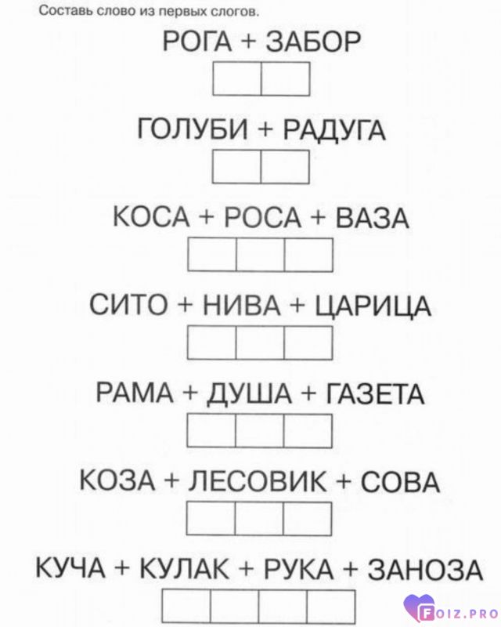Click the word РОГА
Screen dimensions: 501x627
[x=197, y=42]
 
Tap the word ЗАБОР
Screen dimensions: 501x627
[x=314, y=42]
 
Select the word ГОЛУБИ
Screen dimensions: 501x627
[x=193, y=129]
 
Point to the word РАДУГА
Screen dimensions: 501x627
[x=334, y=130]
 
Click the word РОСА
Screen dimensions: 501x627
[x=262, y=218]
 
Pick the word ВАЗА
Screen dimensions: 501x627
[x=372, y=218]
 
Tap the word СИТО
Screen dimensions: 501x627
[x=128, y=306]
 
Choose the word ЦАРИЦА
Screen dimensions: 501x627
[x=373, y=306]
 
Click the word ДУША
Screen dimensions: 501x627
[x=249, y=394]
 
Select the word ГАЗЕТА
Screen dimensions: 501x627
[x=375, y=394]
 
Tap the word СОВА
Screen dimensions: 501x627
[x=400, y=481]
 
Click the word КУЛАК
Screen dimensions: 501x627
[x=184, y=569]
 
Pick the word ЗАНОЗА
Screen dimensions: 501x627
[x=425, y=570]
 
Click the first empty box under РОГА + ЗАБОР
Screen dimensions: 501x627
[x=237, y=79]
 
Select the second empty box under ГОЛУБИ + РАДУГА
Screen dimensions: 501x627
[x=285, y=167]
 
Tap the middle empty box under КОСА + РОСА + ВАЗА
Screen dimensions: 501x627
[x=260, y=255]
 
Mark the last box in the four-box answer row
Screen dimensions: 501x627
[x=331, y=607]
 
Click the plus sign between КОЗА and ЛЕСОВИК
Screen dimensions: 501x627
[x=171, y=482]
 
